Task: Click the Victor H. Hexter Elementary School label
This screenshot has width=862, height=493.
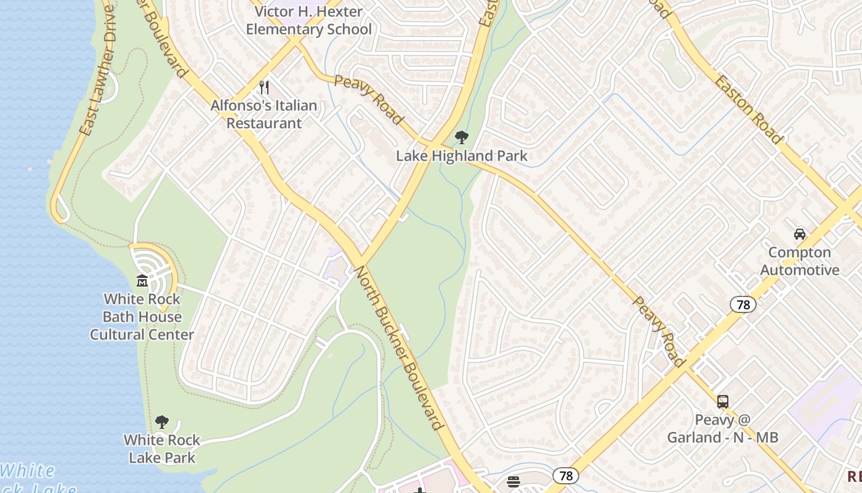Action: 308,20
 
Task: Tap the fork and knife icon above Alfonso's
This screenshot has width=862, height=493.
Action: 264,88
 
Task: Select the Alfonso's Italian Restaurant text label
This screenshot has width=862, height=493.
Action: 264,114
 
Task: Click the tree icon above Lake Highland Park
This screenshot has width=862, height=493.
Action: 461,137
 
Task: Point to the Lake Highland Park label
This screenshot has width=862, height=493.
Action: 461,156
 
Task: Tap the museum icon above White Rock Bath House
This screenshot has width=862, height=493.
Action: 142,281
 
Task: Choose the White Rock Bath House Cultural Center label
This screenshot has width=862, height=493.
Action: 142,317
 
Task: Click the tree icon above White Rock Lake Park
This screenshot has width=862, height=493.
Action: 162,422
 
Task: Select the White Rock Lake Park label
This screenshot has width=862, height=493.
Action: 162,449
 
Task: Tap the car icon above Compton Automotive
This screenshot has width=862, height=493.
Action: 799,234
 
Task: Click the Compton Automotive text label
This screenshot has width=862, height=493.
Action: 799,261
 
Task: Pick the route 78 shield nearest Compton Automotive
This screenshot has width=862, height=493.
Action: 743,304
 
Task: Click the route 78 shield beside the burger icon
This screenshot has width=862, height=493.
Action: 565,476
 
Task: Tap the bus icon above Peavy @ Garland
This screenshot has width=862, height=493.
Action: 723,402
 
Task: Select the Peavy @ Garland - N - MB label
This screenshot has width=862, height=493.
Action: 723,429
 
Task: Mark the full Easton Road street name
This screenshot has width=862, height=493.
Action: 747,110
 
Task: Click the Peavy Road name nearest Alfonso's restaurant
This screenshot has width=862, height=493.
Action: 369,99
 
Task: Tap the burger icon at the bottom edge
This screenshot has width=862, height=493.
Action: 514,482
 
